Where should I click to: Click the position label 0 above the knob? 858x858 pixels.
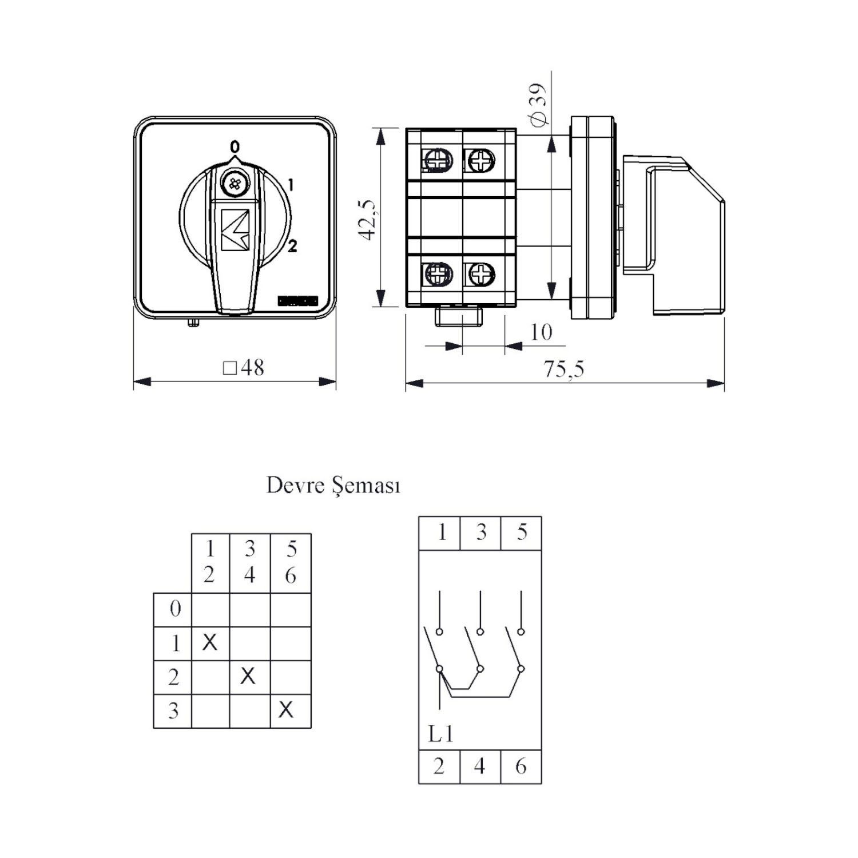235,147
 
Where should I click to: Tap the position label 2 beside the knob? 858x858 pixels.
292,246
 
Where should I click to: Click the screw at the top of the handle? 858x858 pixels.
233,184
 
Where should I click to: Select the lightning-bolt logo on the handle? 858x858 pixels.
235,229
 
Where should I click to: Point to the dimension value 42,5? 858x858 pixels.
368,220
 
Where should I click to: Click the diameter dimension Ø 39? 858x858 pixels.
538,105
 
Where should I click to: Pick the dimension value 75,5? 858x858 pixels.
564,369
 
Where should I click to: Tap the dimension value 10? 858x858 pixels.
541,332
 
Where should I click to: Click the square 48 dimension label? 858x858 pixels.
244,367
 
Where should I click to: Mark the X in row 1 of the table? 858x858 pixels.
210,642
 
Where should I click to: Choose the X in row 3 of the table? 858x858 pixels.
286,710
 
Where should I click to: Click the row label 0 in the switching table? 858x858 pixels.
175,609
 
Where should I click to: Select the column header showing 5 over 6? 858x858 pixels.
291,563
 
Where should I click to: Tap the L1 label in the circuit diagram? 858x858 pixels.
441,734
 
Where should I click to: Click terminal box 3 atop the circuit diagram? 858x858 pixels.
480,533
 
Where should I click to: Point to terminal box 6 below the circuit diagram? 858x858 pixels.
521,766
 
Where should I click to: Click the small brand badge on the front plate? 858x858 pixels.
297,300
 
